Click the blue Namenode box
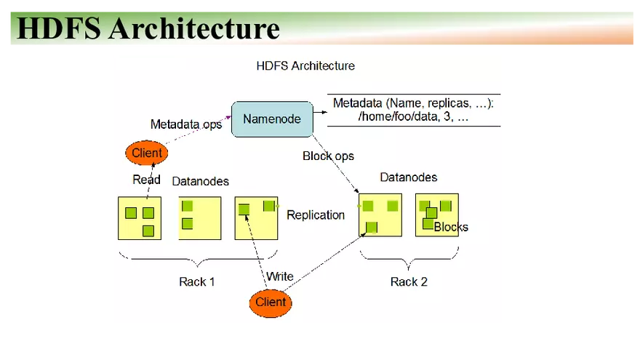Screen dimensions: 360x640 [x=271, y=119]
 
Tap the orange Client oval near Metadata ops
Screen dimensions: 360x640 [x=146, y=153]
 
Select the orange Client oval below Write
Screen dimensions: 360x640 [x=271, y=303]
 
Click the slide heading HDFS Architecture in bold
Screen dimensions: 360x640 [x=148, y=28]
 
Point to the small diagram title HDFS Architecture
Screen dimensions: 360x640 [x=305, y=65]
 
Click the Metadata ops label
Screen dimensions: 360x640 [x=186, y=124]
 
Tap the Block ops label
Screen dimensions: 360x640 [x=328, y=156]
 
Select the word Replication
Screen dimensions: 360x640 [x=316, y=215]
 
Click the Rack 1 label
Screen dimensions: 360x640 [x=196, y=281]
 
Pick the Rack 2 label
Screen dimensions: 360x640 [x=409, y=281]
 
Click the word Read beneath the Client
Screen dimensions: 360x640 [x=146, y=180]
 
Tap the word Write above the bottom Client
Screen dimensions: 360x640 [x=280, y=276]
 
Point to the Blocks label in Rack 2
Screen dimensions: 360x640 [x=451, y=227]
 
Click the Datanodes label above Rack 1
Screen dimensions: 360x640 [x=200, y=181]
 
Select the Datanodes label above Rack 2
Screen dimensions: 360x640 [x=409, y=177]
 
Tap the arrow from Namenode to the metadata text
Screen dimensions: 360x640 [x=318, y=113]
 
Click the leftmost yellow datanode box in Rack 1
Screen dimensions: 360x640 [x=140, y=218]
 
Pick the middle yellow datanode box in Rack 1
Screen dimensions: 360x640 [x=200, y=218]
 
